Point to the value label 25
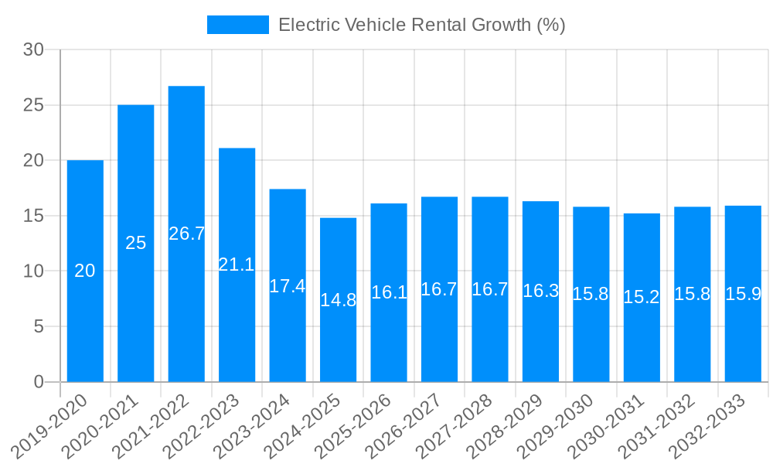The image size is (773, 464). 135,243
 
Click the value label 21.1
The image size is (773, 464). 237,264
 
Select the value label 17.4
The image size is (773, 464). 288,285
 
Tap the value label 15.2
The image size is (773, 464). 642,297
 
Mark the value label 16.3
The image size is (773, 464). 540,291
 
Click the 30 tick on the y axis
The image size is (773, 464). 34,50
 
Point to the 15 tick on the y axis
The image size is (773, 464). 34,216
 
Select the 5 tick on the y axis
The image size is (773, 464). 39,326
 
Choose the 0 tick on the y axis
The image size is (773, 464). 39,382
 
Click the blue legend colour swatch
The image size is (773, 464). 237,25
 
